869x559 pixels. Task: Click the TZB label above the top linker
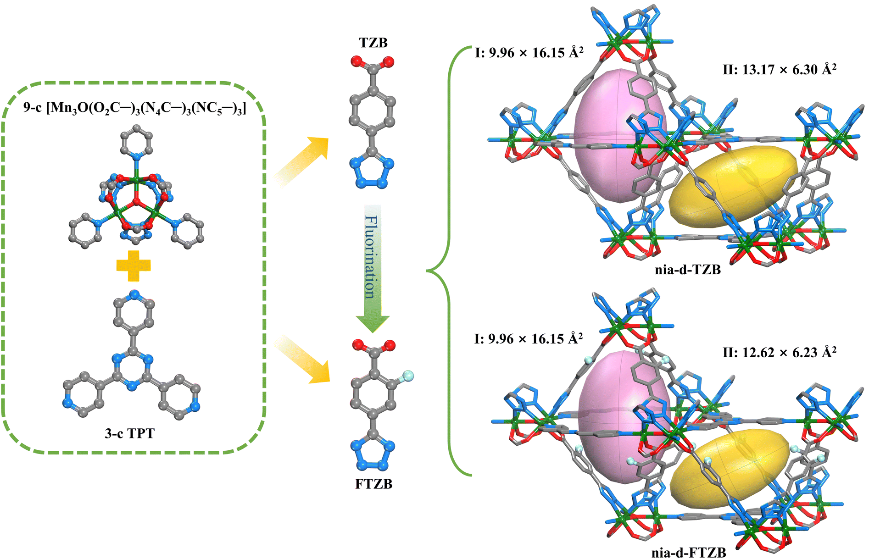tap(373, 43)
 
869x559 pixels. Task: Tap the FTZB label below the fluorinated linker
tap(373, 484)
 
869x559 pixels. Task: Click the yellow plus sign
tap(134, 266)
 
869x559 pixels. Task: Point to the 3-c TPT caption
tap(130, 433)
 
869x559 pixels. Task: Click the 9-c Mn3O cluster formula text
tap(135, 108)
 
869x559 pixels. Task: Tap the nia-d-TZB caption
tap(688, 270)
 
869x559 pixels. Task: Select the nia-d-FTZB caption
tap(689, 553)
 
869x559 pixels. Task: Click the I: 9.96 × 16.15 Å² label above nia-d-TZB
tap(529, 53)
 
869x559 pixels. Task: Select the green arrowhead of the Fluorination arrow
tap(373, 323)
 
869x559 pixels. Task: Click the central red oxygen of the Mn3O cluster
tap(136, 201)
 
